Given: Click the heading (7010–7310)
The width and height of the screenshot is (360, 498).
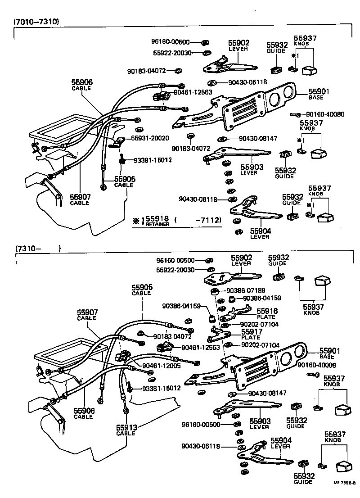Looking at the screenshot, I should click(36, 21).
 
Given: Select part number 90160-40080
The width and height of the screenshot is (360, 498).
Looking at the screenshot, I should click(325, 114).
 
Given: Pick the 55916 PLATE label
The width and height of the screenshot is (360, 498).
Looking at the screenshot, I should click(267, 313).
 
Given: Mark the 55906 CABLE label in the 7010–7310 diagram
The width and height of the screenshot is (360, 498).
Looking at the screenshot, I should click(81, 84).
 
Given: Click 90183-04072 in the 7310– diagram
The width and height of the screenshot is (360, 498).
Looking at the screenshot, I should click(172, 336).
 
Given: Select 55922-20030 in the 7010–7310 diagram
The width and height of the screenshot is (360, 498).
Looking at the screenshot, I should click(172, 53).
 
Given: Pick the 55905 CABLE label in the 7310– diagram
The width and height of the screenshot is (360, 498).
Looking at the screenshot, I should click(142, 290).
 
